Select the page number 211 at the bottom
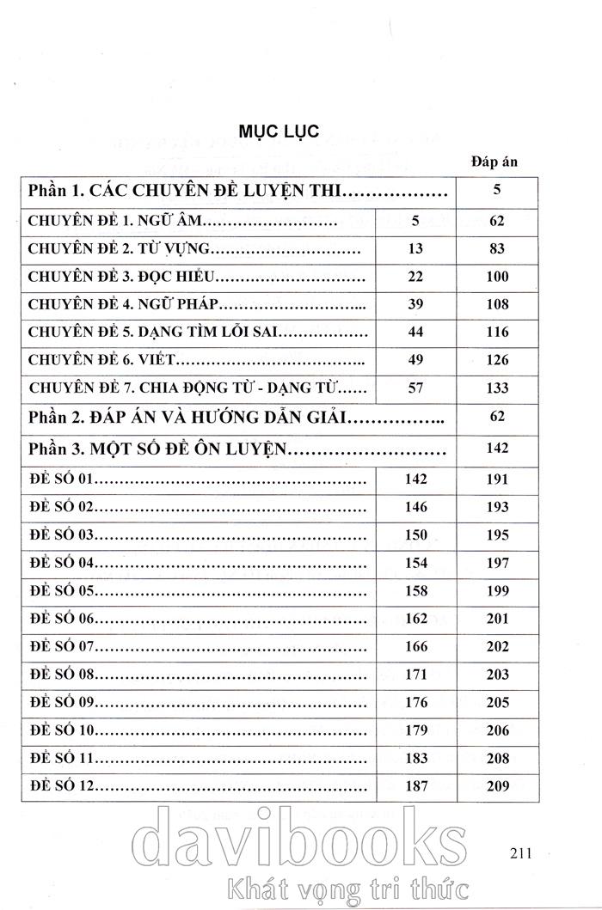[x=522, y=852]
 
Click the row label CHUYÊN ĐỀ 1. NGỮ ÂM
[x=114, y=222]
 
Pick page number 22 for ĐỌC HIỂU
[x=415, y=277]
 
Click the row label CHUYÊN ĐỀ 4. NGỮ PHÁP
[x=124, y=304]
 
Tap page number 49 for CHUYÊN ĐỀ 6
[x=415, y=359]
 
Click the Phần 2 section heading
[x=186, y=418]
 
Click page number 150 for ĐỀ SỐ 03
[x=415, y=535]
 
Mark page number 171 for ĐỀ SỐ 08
[x=415, y=675]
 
